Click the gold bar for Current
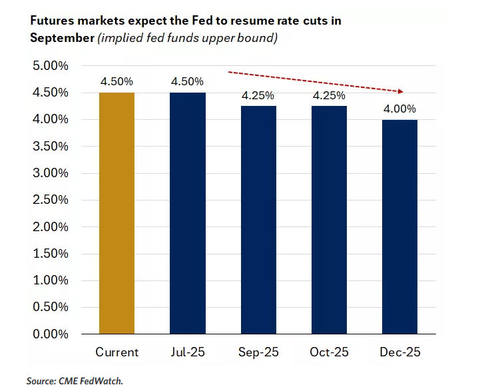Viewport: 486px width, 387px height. (117, 213)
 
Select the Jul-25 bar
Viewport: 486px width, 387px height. (188, 213)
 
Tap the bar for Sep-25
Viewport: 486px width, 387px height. (258, 220)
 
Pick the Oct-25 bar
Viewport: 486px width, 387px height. (329, 220)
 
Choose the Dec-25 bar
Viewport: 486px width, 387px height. (399, 226)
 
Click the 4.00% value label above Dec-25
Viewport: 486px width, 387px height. (399, 109)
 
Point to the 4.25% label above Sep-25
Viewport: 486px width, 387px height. (258, 95)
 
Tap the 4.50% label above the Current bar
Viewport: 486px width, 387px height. (117, 81)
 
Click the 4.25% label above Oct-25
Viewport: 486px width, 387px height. (329, 95)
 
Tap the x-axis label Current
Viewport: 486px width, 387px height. (117, 351)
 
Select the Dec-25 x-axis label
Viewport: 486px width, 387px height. (399, 351)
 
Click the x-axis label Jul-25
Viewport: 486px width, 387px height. (188, 351)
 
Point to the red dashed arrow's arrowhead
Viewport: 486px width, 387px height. (402, 91)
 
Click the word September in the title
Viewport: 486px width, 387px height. (61, 37)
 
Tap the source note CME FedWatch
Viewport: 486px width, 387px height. (75, 380)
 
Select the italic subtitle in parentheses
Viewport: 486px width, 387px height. (187, 37)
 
